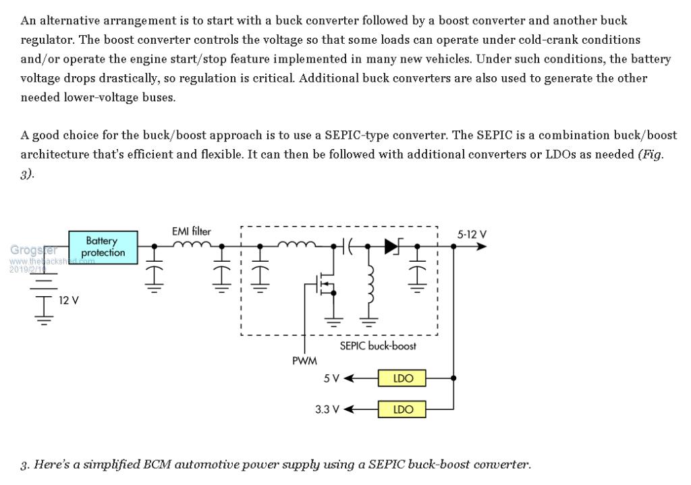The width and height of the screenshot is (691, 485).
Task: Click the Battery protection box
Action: [103, 246]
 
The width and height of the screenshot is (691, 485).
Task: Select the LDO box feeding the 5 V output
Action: [402, 378]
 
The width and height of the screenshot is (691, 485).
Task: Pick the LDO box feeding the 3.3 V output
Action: [402, 409]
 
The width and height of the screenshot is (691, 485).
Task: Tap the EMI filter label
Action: [191, 231]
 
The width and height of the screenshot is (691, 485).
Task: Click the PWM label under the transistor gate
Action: [304, 361]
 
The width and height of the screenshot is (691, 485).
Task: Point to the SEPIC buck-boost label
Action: [378, 345]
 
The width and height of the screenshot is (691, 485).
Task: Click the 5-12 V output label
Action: [472, 235]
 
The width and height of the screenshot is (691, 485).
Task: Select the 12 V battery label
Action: [69, 300]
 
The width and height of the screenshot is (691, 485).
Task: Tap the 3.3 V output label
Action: [327, 409]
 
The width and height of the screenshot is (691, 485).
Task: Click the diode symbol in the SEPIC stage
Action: [392, 247]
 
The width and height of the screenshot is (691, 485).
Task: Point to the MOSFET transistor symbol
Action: [327, 287]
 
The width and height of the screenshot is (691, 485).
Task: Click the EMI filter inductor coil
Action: [192, 246]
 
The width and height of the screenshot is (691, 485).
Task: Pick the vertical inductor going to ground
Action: [368, 283]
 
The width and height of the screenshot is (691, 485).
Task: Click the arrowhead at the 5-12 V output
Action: [480, 247]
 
